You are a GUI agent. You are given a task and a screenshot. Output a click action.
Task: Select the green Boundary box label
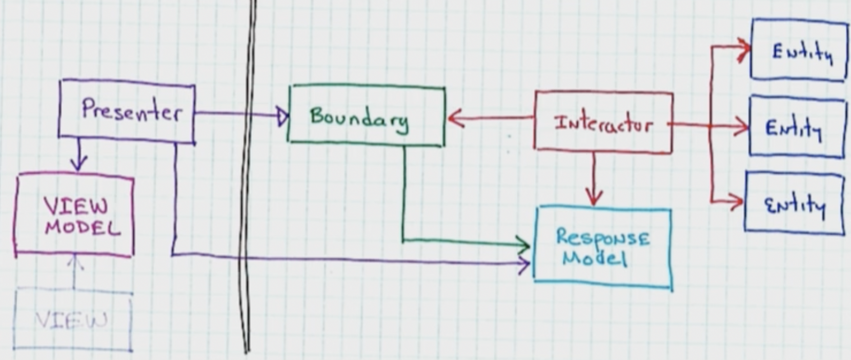(x=359, y=118)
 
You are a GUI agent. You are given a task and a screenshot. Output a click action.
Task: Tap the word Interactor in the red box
(x=603, y=124)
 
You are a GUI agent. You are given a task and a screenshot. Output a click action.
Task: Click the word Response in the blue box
(x=603, y=237)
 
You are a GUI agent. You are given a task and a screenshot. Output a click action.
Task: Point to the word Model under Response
(x=595, y=257)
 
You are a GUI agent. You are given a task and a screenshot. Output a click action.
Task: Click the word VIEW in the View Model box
(x=76, y=206)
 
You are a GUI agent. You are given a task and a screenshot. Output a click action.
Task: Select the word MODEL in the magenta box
(x=82, y=227)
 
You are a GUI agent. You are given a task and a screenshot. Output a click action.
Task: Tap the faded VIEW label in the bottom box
(x=71, y=321)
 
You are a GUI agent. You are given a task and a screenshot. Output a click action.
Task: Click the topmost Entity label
(x=802, y=52)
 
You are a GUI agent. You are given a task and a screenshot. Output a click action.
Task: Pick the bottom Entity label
(x=795, y=205)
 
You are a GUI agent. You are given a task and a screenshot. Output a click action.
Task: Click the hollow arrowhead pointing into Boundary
(x=282, y=117)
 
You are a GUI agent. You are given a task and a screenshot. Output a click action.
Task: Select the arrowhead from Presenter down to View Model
(x=78, y=165)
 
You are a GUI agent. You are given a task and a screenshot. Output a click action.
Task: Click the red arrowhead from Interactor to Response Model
(x=594, y=198)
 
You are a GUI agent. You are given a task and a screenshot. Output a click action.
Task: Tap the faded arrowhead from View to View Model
(x=75, y=262)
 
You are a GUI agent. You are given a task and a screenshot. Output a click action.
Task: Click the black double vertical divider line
(x=249, y=179)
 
